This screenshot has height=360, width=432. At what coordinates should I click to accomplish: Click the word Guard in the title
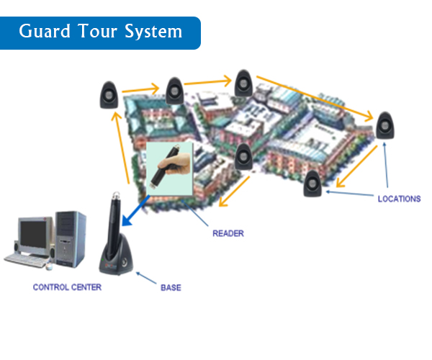click(x=44, y=32)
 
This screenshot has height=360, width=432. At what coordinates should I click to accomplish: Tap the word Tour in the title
click(x=96, y=32)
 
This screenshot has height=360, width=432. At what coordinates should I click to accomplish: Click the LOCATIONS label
click(x=398, y=199)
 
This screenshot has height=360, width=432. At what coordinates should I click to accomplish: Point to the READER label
click(x=228, y=233)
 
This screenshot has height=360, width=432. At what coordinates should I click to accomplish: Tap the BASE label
click(x=171, y=288)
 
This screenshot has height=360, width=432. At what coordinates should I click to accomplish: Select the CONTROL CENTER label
click(x=67, y=287)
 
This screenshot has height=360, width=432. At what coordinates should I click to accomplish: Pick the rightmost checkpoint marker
click(x=385, y=126)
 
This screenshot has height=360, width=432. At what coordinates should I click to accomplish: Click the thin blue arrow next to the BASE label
click(x=147, y=277)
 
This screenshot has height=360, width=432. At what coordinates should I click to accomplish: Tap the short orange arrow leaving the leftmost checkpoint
click(x=141, y=91)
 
